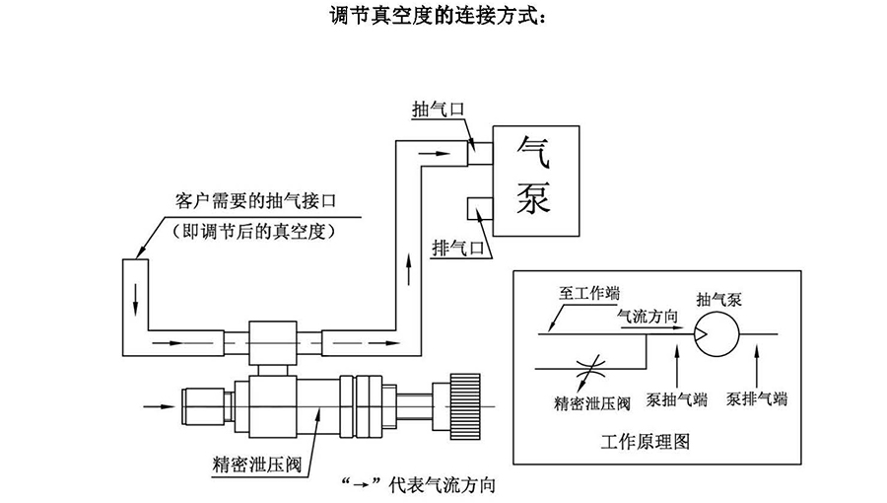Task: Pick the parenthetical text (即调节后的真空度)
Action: click(255, 232)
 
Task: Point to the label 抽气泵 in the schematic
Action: click(716, 298)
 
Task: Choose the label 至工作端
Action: click(589, 293)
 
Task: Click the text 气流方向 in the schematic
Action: click(647, 317)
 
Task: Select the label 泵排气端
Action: click(757, 399)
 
